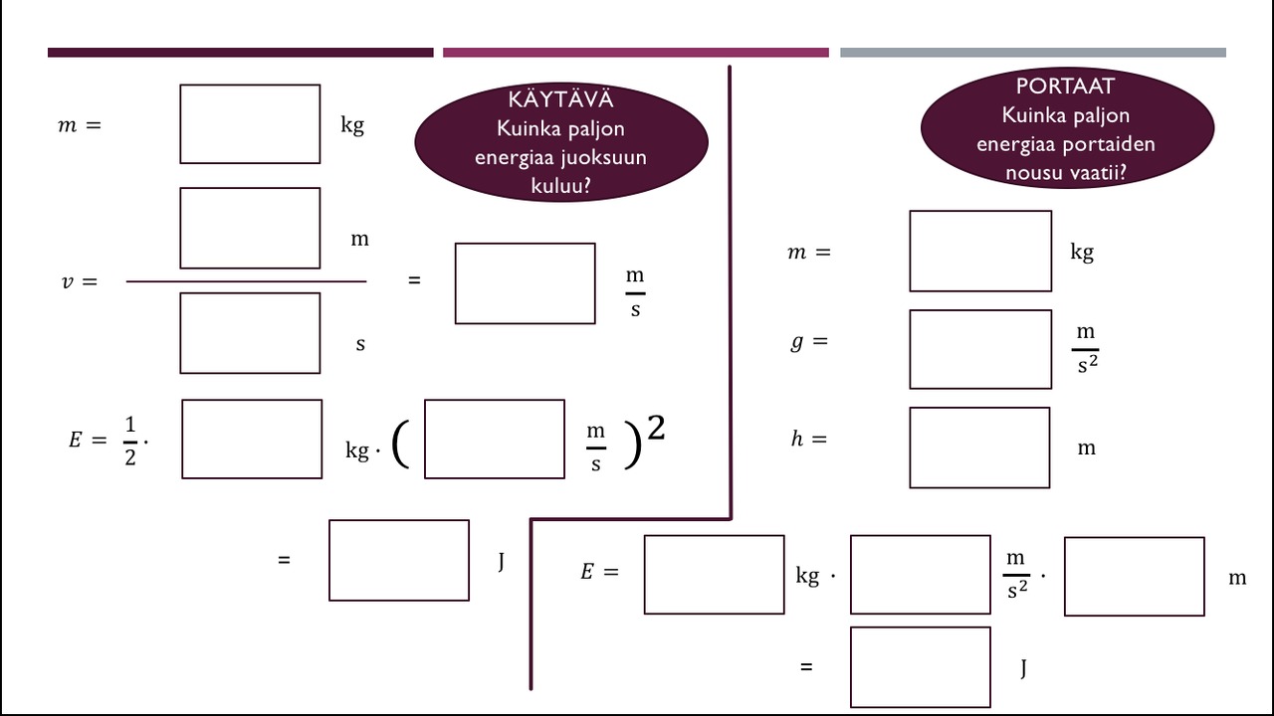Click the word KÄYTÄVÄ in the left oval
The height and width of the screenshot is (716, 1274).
point(560,99)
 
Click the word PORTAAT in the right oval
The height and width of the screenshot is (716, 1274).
point(1065,87)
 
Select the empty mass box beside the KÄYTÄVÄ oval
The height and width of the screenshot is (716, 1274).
point(250,124)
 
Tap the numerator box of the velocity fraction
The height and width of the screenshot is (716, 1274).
point(250,228)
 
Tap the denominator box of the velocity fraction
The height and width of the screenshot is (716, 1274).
point(250,333)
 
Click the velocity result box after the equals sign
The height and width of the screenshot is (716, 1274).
point(525,283)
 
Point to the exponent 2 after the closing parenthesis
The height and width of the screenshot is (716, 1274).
point(656,429)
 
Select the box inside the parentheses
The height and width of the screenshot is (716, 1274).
point(494,439)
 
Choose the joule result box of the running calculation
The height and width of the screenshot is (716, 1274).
point(398,560)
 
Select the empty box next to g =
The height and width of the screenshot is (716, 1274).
point(980,349)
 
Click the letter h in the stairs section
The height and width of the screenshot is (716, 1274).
point(796,439)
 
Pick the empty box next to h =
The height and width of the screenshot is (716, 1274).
point(979,447)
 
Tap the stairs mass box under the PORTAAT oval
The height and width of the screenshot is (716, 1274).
point(980,251)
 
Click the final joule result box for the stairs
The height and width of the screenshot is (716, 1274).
point(920,666)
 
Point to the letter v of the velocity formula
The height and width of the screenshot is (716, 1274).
point(67,281)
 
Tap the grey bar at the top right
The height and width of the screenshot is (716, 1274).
point(1032,53)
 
